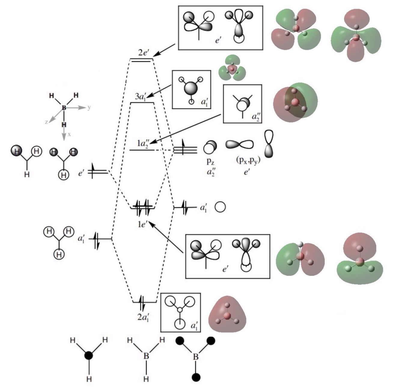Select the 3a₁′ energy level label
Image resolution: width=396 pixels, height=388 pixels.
pyautogui.click(x=140, y=97)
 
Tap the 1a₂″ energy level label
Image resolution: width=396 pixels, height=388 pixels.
pyautogui.click(x=143, y=143)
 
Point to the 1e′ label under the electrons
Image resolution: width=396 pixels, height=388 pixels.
pyautogui.click(x=142, y=224)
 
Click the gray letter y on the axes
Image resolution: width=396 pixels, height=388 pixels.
pyautogui.click(x=89, y=107)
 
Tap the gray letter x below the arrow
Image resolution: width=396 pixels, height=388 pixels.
pyautogui.click(x=69, y=134)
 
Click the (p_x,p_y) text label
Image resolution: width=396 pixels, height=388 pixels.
pyautogui.click(x=248, y=160)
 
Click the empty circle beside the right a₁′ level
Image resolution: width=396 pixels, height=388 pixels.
pyautogui.click(x=220, y=207)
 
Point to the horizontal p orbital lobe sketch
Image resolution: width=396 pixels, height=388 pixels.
pyautogui.click(x=239, y=145)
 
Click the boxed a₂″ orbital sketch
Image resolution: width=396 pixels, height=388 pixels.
pyautogui.click(x=242, y=104)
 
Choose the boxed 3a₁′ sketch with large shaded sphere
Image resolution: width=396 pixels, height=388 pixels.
pyautogui.click(x=191, y=89)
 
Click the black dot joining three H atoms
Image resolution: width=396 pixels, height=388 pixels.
pyautogui.click(x=89, y=356)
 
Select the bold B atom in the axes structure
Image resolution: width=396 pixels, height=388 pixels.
pyautogui.click(x=63, y=107)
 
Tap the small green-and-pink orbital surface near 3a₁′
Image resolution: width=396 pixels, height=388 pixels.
pyautogui.click(x=232, y=69)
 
